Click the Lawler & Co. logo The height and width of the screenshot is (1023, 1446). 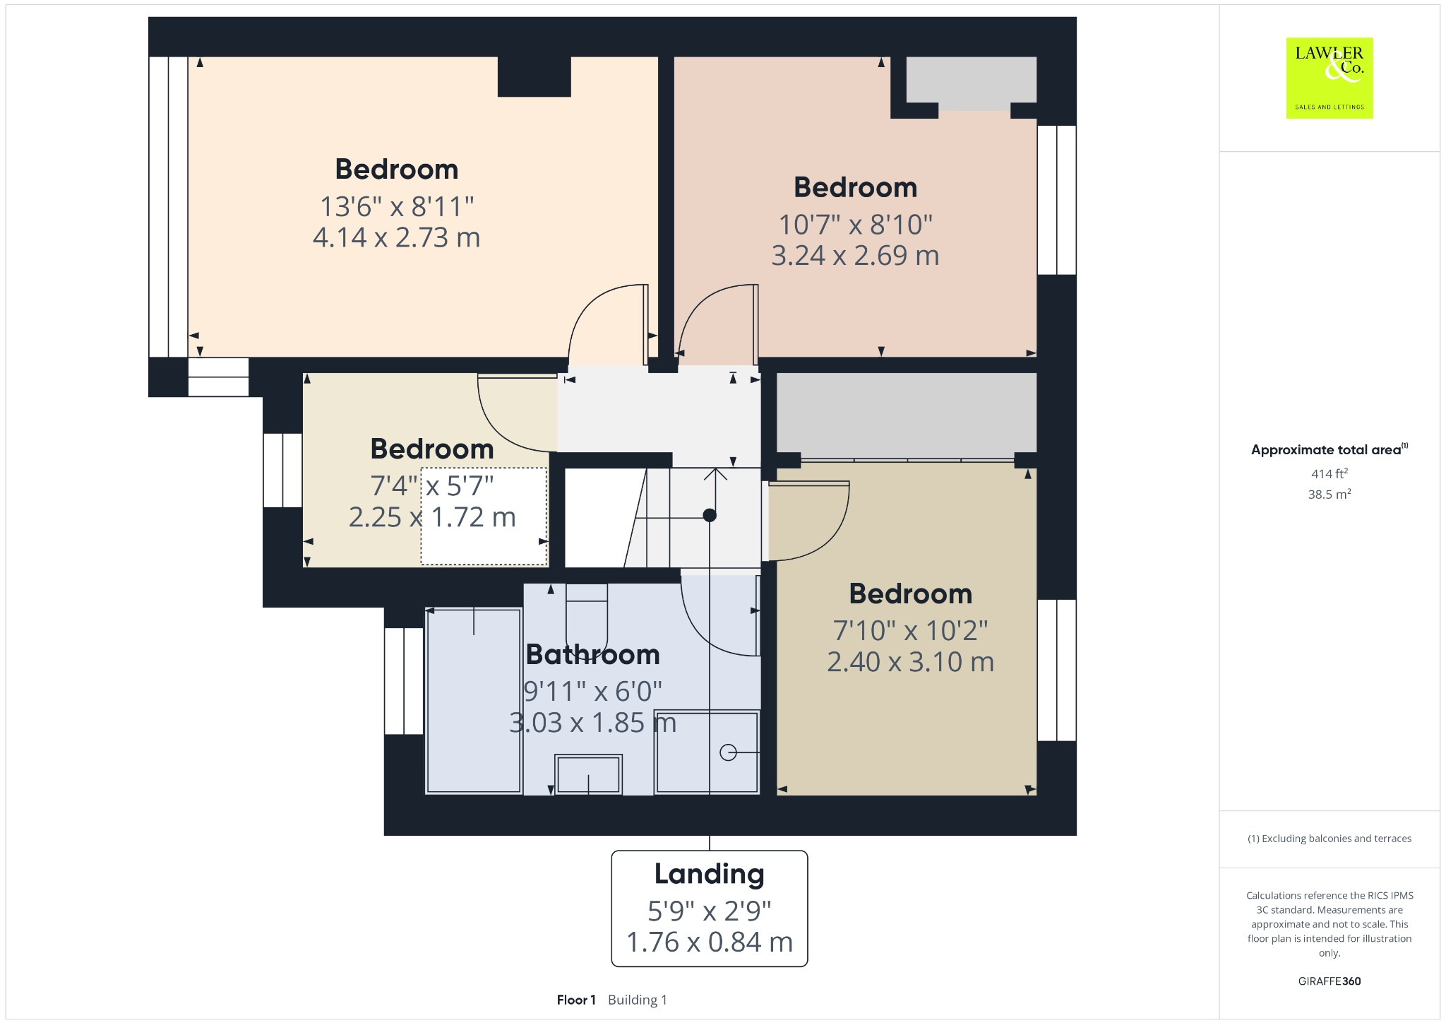coord(1329,78)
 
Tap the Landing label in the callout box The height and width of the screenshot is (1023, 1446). coord(709,874)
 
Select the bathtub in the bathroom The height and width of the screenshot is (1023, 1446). coord(474,700)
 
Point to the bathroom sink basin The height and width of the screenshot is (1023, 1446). coord(588,774)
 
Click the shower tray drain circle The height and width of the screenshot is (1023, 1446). coord(728,753)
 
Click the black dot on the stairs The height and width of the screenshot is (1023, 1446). coord(710,515)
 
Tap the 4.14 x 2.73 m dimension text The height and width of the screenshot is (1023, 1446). coord(396,237)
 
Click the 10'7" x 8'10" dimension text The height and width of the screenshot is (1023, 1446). coord(855,225)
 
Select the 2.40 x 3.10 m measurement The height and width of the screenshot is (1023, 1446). coord(910,662)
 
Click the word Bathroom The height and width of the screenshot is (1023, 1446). coord(592,654)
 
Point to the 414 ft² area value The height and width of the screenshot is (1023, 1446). coord(1329,473)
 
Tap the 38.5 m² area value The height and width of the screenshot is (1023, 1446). coord(1329,494)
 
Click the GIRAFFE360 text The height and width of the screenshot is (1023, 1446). coord(1329,981)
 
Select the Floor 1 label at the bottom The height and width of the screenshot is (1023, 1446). coord(576,1000)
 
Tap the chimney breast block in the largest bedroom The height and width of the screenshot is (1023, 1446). coord(534,76)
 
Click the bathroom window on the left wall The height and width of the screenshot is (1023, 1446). coord(404,681)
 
